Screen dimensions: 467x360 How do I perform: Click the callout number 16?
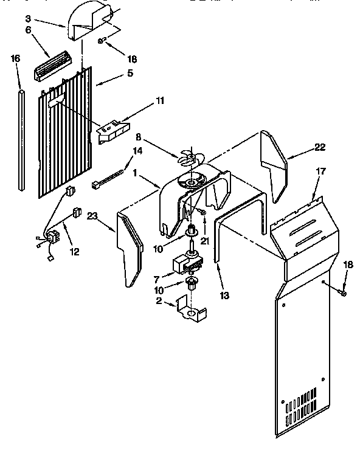16,58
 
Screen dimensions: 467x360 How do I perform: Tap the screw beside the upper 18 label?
102,41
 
